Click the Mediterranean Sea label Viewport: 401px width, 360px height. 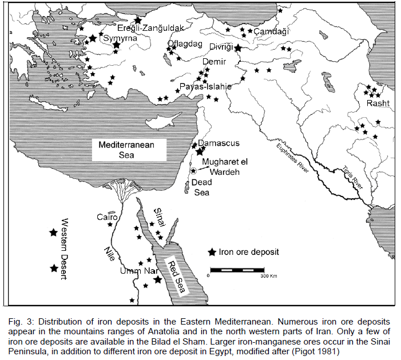coord(127,150)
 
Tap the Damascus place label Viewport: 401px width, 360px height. coord(219,143)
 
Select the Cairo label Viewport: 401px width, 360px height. coord(107,217)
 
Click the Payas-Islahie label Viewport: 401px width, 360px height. coord(205,87)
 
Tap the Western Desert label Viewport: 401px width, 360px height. coord(64,249)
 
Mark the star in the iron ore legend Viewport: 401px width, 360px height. coord(212,252)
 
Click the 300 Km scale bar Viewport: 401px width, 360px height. coord(236,269)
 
